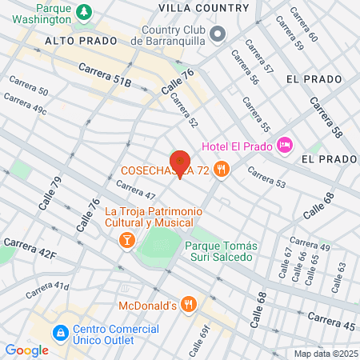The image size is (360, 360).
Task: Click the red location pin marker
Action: coord(181,162)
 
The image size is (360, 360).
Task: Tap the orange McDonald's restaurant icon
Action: coord(189,303)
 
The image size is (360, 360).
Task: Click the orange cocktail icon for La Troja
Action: coord(126,240)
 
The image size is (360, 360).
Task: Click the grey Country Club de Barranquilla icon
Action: coord(220,31)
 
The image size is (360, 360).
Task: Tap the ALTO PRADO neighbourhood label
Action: coord(76,39)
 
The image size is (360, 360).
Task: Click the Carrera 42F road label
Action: coord(30,248)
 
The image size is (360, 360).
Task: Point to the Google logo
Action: coord(26,350)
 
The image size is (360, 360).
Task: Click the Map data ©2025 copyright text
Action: coord(326,354)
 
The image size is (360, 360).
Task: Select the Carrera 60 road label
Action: coord(302,25)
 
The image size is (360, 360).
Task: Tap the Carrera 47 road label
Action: coord(135,190)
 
